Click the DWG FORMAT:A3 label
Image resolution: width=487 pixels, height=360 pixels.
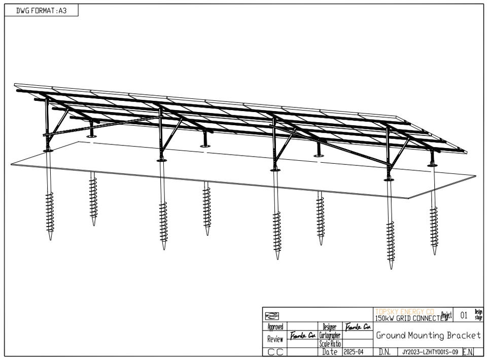(x=41, y=11)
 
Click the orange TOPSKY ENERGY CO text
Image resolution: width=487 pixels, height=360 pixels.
(x=404, y=311)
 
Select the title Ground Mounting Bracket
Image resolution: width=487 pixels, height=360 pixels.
(x=428, y=336)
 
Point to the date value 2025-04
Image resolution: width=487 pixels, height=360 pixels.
(x=354, y=352)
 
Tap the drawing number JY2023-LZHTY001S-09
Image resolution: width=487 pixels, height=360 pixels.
(x=430, y=352)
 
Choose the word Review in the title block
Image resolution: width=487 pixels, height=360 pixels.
(x=275, y=339)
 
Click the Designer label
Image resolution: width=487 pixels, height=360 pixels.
(x=329, y=327)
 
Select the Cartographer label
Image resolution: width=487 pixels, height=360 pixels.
(x=329, y=336)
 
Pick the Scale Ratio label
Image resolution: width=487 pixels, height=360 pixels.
(x=329, y=344)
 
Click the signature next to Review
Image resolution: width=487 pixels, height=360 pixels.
(x=303, y=336)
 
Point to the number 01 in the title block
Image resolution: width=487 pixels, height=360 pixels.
(x=464, y=315)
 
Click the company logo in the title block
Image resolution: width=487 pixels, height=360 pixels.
(x=272, y=315)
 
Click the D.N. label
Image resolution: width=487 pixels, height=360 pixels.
(x=384, y=352)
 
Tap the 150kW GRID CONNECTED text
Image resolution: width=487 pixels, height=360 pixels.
(x=411, y=318)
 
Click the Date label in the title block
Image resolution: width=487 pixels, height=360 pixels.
(x=330, y=352)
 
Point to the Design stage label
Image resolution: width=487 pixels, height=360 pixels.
(x=478, y=315)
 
